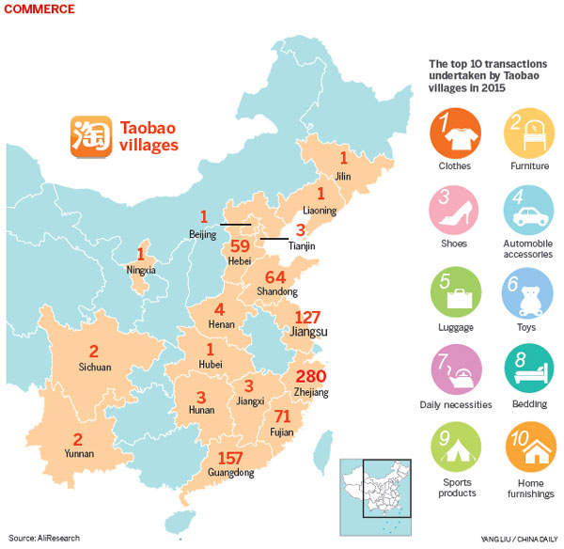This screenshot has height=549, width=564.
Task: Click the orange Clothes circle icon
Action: pyautogui.click(x=453, y=132)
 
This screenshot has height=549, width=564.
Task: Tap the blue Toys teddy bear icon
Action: pyautogui.click(x=527, y=293)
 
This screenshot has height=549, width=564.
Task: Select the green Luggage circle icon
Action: pyautogui.click(x=453, y=293)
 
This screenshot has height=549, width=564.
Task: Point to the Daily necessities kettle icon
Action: pyautogui.click(x=453, y=372)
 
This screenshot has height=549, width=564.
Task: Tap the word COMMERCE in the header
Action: pyautogui.click(x=39, y=8)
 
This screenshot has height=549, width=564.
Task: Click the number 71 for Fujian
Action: pyautogui.click(x=281, y=416)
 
